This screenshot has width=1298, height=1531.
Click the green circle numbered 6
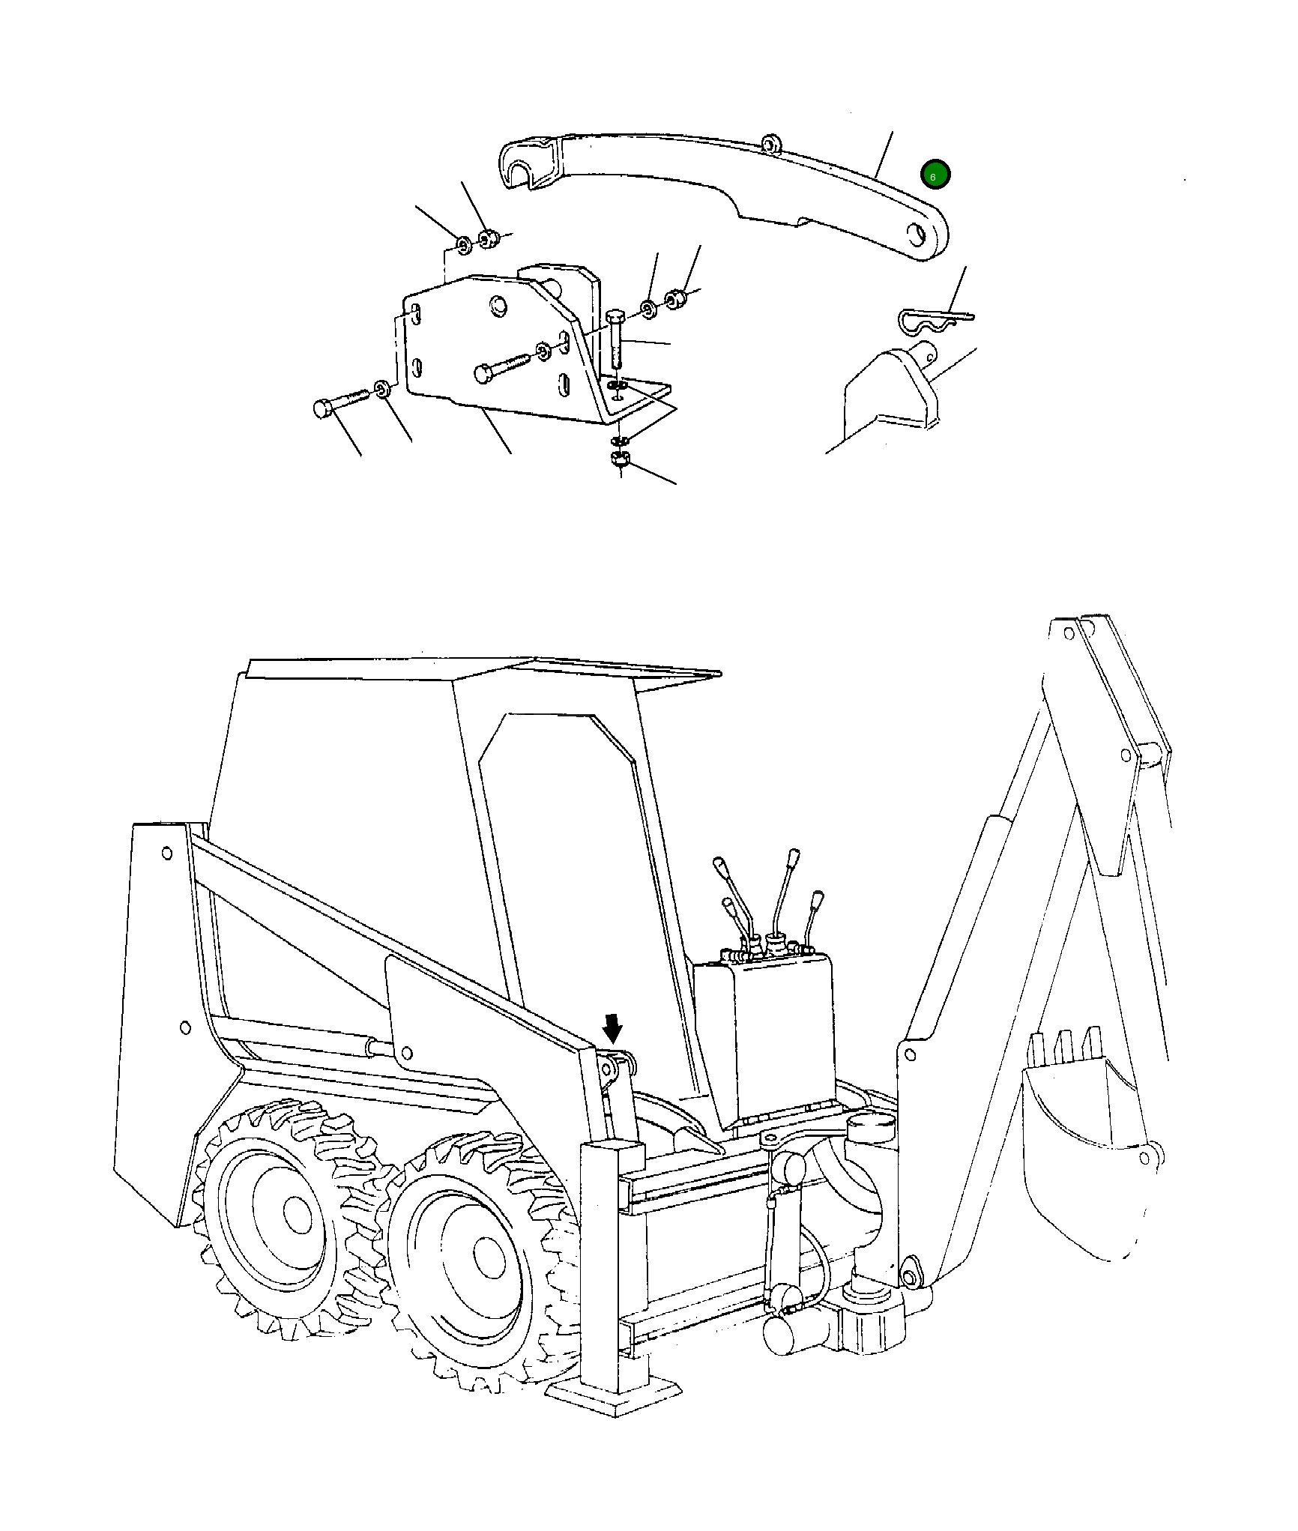click(935, 175)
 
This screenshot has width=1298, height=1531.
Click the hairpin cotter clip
click(929, 321)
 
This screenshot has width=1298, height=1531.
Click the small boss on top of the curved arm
click(769, 142)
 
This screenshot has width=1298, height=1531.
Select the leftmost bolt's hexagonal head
click(322, 408)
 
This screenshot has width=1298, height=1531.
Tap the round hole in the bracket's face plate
click(496, 305)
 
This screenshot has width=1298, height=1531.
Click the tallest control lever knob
click(794, 856)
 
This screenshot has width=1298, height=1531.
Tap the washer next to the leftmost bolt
click(382, 389)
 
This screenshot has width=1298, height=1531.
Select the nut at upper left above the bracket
click(487, 238)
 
